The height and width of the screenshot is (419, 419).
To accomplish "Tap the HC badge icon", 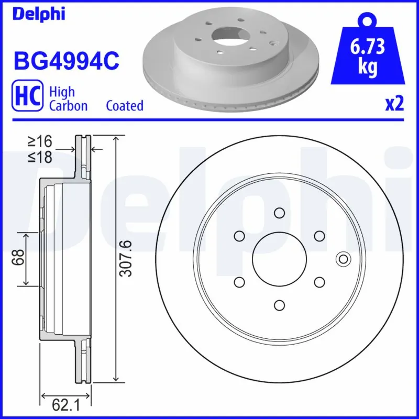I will coord(26,98).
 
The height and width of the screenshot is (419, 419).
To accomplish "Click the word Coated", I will coord(125,105).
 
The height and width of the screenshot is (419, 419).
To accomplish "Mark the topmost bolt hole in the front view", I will coord(279,213).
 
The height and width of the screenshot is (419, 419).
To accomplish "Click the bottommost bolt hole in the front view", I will coord(279,305).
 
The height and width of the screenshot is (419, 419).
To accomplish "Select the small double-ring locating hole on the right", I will coord(344,259).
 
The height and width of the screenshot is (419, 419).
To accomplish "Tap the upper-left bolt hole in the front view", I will coord(239,236).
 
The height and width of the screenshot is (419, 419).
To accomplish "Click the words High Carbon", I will coord(68,98).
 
